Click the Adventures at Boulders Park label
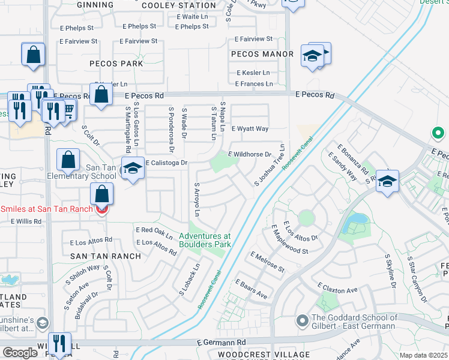205,240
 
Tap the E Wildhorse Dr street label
250,154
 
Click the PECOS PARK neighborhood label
116,63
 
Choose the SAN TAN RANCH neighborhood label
105,256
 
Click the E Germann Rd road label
221,342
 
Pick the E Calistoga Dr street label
165,163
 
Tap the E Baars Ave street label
251,288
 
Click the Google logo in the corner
20,353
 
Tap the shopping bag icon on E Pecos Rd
101,94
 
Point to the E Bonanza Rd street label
352,158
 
